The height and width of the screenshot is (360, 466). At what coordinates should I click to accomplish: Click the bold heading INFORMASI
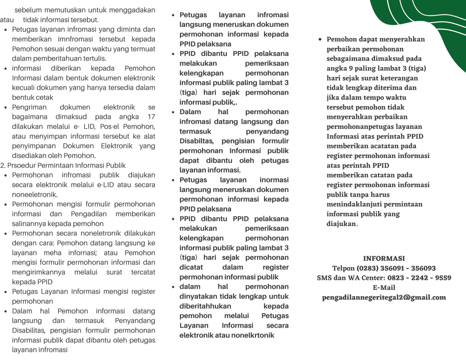coord(384,259)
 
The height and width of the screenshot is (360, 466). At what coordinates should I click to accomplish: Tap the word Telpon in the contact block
coord(343,268)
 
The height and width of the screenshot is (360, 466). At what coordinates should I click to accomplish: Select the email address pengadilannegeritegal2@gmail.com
coord(384,297)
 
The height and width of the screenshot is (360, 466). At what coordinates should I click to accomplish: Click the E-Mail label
coord(384,288)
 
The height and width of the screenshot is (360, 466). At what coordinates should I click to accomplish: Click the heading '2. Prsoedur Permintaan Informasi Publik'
coord(63,165)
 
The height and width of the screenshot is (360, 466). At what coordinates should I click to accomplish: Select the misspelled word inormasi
coord(274,180)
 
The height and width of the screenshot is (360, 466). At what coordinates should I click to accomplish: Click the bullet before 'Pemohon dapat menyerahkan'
coord(321,40)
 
